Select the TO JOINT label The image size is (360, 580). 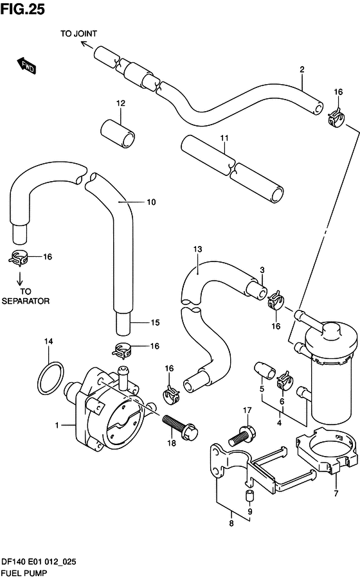pyautogui.click(x=78, y=33)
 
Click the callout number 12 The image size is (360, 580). pyautogui.click(x=121, y=103)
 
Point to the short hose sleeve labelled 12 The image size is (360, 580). pyautogui.click(x=118, y=133)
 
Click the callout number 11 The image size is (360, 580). pyautogui.click(x=224, y=138)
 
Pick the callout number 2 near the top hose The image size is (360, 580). pyautogui.click(x=302, y=69)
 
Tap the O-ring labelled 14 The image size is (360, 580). pyautogui.click(x=51, y=378)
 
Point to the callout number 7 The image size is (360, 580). pyautogui.click(x=336, y=493)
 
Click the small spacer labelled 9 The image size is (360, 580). pyautogui.click(x=249, y=495)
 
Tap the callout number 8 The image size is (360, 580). pyautogui.click(x=231, y=523)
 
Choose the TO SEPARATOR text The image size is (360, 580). pyautogui.click(x=26, y=296)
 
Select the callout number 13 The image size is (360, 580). pyautogui.click(x=197, y=249)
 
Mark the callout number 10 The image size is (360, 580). pyautogui.click(x=151, y=202)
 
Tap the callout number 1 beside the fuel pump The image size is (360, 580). pyautogui.click(x=57, y=425)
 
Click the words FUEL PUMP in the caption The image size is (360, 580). pyautogui.click(x=24, y=573)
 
